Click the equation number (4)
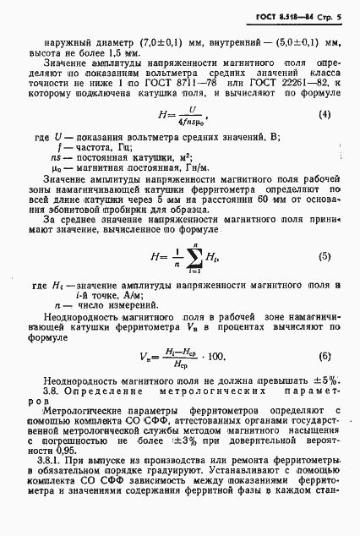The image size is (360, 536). click(324, 112)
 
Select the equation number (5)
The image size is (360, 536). click(324, 256)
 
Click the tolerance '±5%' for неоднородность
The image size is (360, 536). click(325, 380)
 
